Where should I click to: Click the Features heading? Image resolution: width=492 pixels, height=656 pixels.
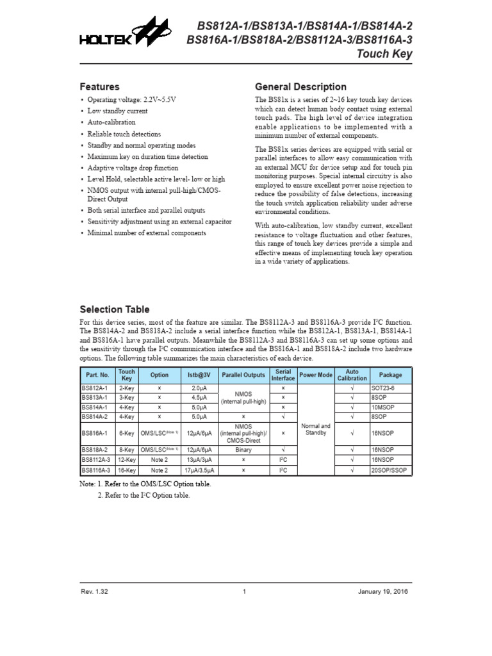pyautogui.click(x=99, y=86)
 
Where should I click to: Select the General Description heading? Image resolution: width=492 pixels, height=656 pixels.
pyautogui.click(x=300, y=86)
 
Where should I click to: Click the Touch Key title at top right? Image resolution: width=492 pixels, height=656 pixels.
pyautogui.click(x=384, y=54)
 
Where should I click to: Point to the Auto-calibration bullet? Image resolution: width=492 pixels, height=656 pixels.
pyautogui.click(x=111, y=122)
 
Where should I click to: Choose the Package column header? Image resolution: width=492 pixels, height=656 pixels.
pyautogui.click(x=390, y=375)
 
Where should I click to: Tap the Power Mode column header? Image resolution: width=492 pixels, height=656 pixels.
pyautogui.click(x=316, y=375)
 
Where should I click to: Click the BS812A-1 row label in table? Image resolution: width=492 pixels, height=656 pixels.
pyautogui.click(x=95, y=388)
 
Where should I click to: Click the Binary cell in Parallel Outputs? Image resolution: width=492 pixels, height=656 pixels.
pyautogui.click(x=243, y=450)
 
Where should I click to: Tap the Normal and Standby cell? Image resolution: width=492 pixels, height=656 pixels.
pyautogui.click(x=316, y=429)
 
